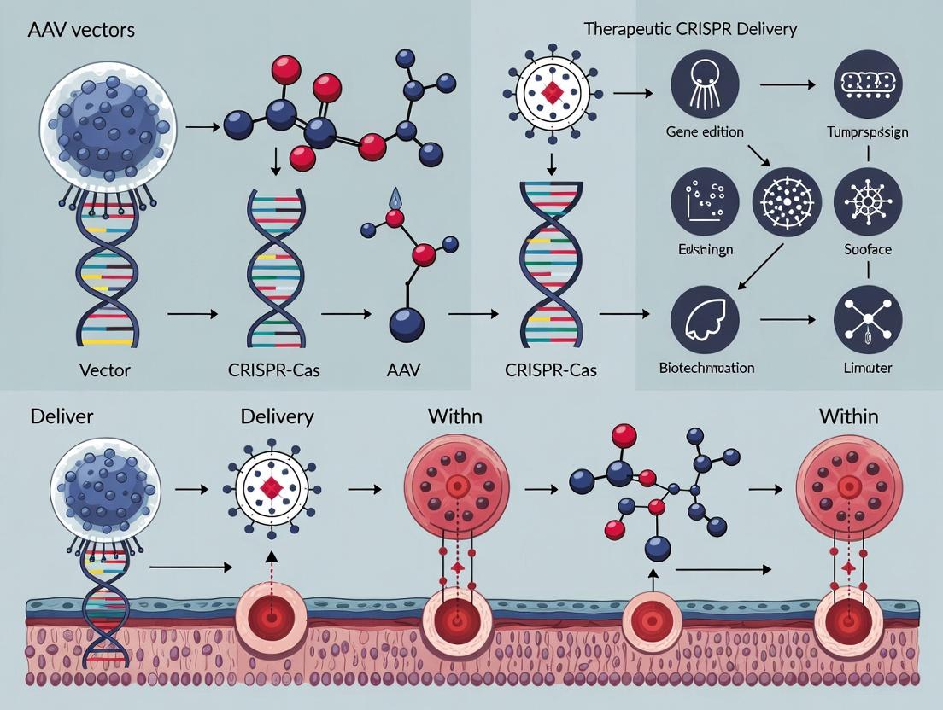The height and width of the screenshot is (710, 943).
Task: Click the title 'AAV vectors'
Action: tap(82, 29)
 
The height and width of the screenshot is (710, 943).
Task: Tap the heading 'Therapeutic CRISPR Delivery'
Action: tap(690, 29)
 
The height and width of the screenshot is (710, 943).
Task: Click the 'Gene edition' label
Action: tap(704, 132)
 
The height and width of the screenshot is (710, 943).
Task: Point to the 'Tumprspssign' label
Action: tap(868, 132)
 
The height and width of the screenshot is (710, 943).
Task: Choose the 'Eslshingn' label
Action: tap(704, 251)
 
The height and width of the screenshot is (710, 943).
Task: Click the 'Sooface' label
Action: tap(869, 251)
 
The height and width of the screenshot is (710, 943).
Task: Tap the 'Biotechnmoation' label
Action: tap(706, 368)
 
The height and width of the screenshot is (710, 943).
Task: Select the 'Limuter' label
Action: tap(868, 368)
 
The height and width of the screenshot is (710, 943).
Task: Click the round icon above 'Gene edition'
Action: tap(706, 84)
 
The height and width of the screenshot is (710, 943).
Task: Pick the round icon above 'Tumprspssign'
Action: tap(867, 84)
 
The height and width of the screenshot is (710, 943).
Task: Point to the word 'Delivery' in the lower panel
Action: tap(277, 417)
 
